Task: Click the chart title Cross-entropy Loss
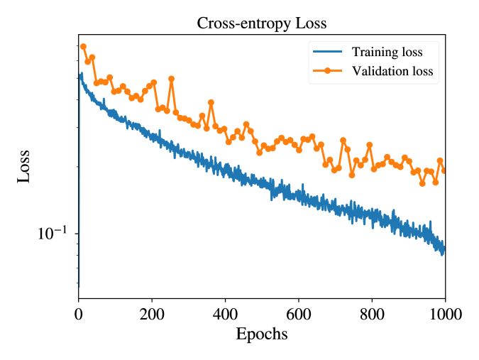tap(261, 23)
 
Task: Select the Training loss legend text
tap(387, 53)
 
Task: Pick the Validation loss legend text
tap(392, 71)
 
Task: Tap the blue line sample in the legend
tap(326, 53)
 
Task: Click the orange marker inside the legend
tap(326, 71)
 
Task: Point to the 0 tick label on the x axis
tap(78, 312)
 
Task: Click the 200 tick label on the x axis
tap(151, 312)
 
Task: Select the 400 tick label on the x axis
tap(225, 312)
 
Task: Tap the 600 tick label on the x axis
tap(298, 312)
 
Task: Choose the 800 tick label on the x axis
tap(372, 312)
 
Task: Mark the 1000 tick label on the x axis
tap(445, 312)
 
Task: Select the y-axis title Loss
tap(24, 166)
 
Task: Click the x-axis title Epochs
tap(261, 334)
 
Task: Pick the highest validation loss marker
tap(83, 46)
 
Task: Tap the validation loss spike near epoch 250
tap(171, 79)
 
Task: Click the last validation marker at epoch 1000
tap(444, 170)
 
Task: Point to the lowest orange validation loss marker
tap(422, 183)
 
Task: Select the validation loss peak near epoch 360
tap(211, 102)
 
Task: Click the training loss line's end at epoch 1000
tap(444, 249)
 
